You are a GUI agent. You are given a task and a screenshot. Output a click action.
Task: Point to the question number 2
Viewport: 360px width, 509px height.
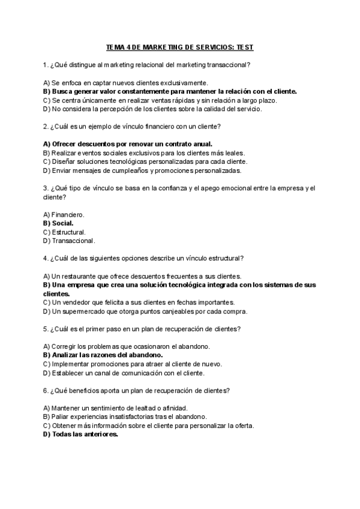(46, 127)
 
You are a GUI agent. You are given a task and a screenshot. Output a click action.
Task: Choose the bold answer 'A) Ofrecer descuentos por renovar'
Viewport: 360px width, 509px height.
(128, 144)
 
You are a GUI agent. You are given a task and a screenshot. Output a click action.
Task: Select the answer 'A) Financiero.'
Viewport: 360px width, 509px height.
(64, 214)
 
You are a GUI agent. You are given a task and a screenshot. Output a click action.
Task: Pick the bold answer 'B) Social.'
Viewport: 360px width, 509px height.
(58, 223)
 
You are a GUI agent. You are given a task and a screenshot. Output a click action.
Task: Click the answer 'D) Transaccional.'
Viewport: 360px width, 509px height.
(69, 241)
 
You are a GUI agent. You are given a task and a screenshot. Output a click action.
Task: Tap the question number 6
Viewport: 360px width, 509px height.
(46, 391)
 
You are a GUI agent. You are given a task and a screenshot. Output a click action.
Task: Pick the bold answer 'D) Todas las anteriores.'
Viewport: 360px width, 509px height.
(80, 435)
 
